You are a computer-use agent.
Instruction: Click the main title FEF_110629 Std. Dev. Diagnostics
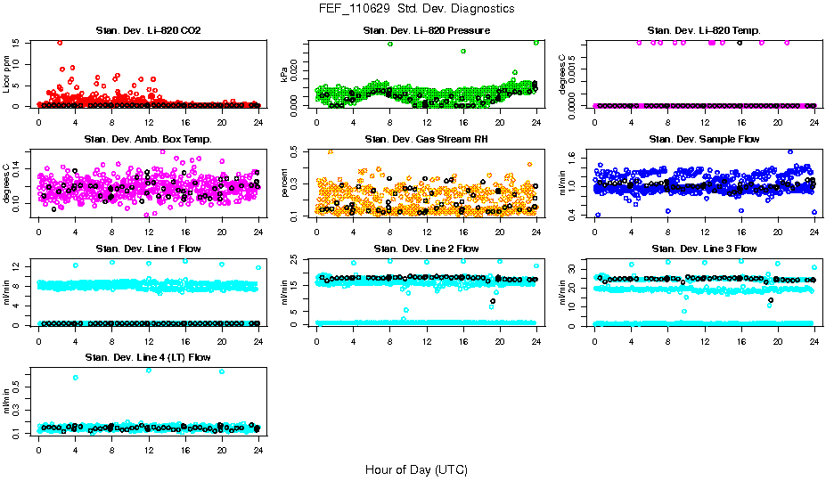[416, 8]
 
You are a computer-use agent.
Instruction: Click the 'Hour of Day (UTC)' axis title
[416, 469]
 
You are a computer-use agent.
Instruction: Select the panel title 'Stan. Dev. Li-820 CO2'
[148, 31]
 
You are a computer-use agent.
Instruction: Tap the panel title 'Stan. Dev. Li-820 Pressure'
[426, 31]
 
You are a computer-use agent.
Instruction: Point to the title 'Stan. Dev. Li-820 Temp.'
[704, 31]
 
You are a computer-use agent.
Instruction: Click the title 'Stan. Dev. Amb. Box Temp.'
[148, 139]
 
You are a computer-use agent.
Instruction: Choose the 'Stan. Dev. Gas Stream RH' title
[426, 139]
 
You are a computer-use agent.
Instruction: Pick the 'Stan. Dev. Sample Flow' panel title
[704, 139]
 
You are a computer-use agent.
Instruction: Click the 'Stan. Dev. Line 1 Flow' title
[148, 249]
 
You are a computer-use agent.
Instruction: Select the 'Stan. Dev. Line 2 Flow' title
[426, 249]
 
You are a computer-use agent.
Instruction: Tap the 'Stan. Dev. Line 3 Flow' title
[704, 249]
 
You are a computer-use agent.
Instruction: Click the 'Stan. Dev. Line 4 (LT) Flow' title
[148, 357]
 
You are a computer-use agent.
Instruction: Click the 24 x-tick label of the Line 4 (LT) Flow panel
[258, 450]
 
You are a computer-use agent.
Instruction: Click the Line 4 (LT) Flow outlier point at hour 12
[149, 370]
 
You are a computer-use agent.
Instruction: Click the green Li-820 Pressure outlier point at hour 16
[463, 51]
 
